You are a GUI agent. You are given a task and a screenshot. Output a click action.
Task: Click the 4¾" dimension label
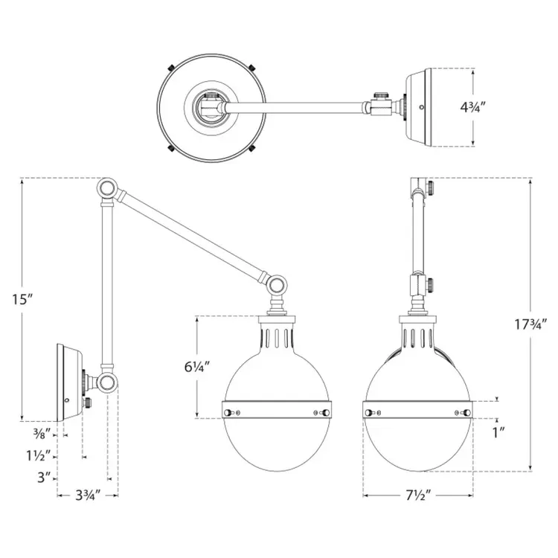(x=473, y=106)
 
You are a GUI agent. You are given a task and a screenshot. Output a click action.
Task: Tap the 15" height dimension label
(x=22, y=299)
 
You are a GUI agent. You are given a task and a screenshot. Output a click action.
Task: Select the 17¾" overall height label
(x=527, y=324)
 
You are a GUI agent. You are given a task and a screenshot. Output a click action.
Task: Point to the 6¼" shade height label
(x=197, y=367)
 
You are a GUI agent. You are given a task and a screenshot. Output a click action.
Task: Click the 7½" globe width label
(x=418, y=495)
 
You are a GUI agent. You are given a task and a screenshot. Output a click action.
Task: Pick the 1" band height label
(x=499, y=432)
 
